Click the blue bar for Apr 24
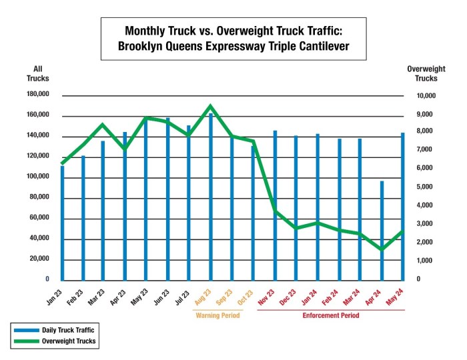pyautogui.click(x=382, y=230)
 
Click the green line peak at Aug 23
pyautogui.click(x=211, y=106)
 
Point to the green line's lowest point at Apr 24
pyautogui.click(x=382, y=250)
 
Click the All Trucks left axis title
pyautogui.click(x=40, y=73)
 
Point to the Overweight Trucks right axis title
pyautogui.click(x=422, y=73)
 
